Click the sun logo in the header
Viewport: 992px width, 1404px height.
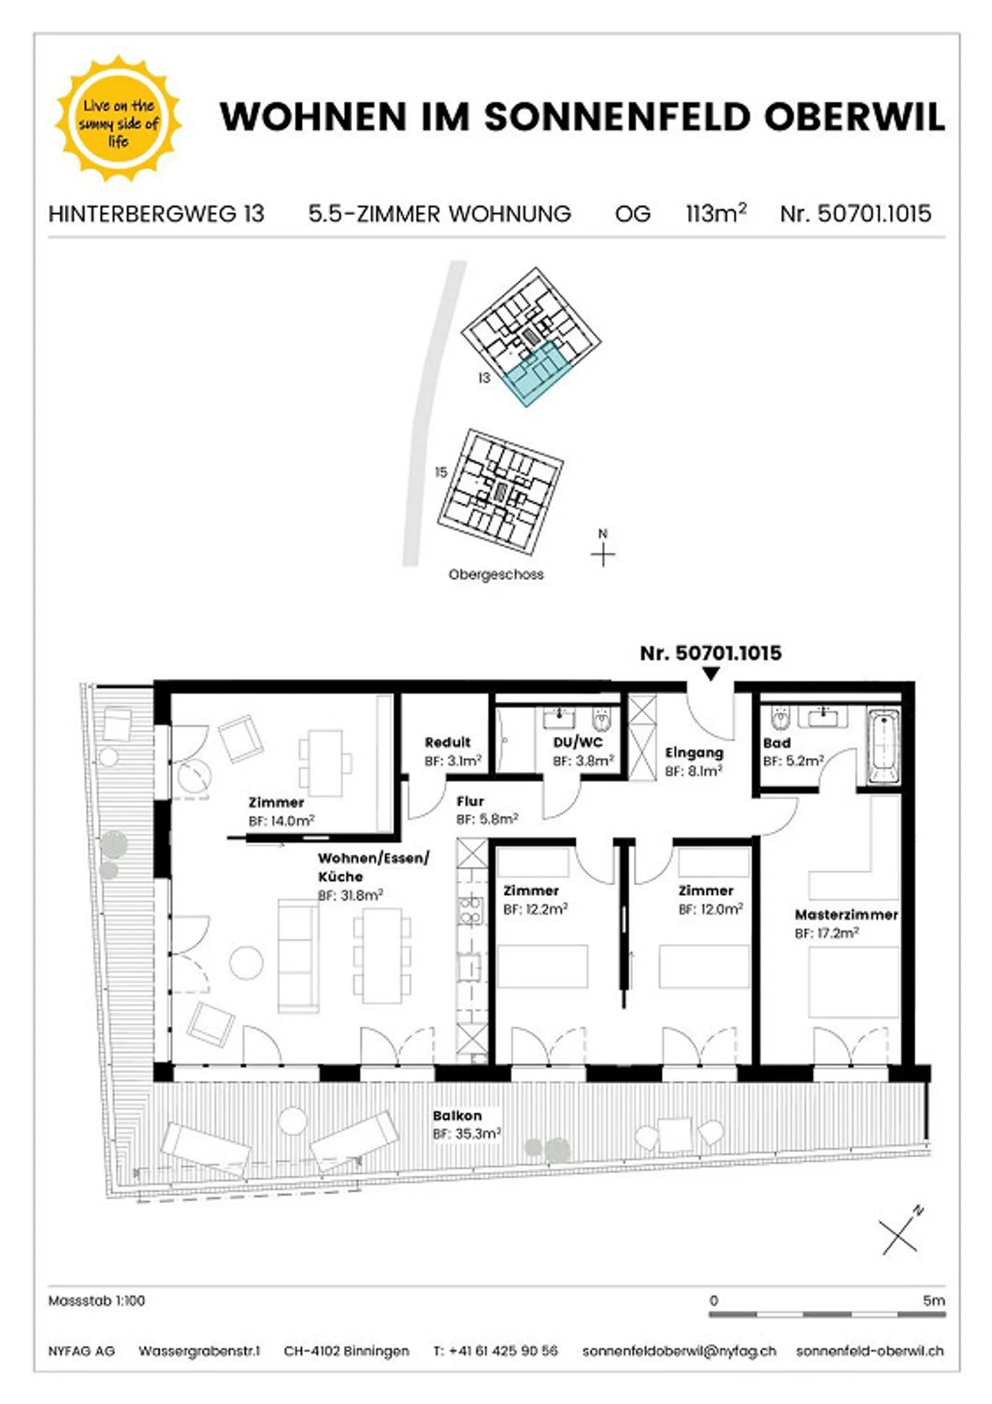pyautogui.click(x=118, y=118)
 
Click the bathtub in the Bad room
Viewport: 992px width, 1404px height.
pyautogui.click(x=884, y=747)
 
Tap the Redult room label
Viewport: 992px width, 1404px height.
pyautogui.click(x=447, y=742)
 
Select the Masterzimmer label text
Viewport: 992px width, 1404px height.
pyautogui.click(x=847, y=915)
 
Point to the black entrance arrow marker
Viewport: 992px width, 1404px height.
pyautogui.click(x=711, y=674)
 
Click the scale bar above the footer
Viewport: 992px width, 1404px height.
pyautogui.click(x=827, y=1314)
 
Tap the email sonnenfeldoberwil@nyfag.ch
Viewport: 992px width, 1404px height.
pyautogui.click(x=679, y=1351)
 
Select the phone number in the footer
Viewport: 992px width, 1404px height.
pyautogui.click(x=503, y=1351)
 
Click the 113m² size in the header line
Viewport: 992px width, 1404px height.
pyautogui.click(x=716, y=213)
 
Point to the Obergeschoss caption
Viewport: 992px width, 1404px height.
pyautogui.click(x=496, y=574)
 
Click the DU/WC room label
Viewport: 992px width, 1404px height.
pyautogui.click(x=577, y=742)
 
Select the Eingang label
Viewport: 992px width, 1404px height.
pyautogui.click(x=694, y=753)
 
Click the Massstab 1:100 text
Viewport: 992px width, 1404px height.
pyautogui.click(x=96, y=1301)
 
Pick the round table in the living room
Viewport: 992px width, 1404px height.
pyautogui.click(x=246, y=963)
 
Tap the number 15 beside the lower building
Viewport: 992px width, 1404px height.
pyautogui.click(x=441, y=472)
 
